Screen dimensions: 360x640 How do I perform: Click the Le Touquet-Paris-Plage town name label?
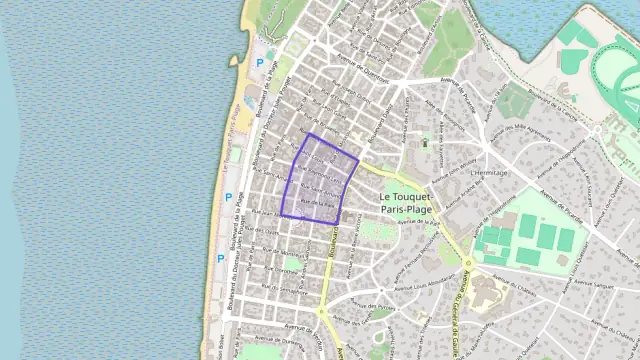(412, 204)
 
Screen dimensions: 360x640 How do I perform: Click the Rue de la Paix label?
(315, 204)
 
